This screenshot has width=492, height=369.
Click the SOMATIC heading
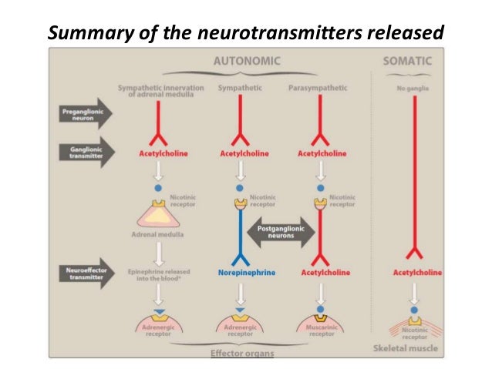tap(408, 60)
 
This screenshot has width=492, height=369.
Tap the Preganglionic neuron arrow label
tap(79, 116)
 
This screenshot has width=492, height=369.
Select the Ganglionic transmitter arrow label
tap(79, 153)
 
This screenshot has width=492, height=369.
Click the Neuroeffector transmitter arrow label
tap(79, 273)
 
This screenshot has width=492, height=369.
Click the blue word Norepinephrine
tap(242, 273)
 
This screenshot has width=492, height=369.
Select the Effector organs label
tap(242, 354)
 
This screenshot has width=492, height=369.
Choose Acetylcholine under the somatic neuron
tap(417, 273)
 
